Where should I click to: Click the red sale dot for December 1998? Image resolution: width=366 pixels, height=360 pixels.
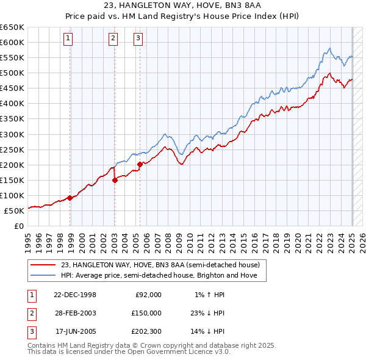click(70, 198)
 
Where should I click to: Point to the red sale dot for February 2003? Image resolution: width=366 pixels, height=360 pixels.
click(115, 179)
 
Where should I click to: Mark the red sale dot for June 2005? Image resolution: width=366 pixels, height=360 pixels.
click(140, 164)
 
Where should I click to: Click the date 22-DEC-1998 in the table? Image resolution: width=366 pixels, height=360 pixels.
click(76, 295)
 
